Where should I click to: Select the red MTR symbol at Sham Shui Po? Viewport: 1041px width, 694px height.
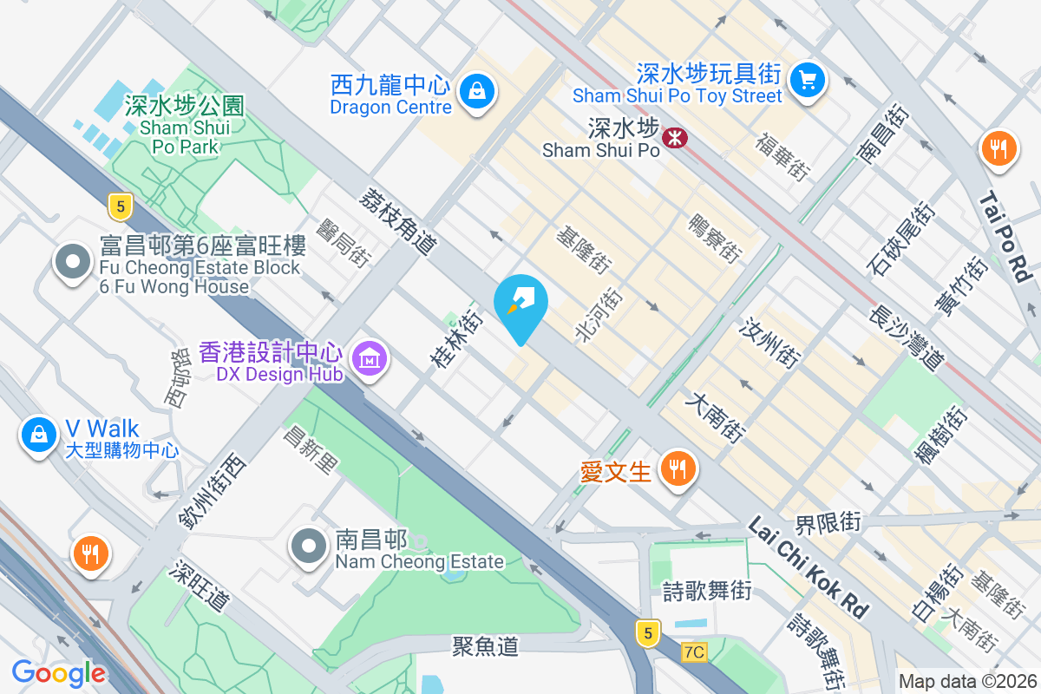pos(672,137)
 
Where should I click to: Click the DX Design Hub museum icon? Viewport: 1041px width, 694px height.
pos(369,357)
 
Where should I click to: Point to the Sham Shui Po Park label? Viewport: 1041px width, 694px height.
pos(184,127)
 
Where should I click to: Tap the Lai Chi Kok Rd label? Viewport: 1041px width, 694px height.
pos(808,568)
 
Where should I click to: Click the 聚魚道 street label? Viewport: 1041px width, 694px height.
pos(485,645)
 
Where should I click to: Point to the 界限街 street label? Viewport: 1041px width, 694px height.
pos(828,522)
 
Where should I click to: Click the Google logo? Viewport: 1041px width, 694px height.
pos(59,672)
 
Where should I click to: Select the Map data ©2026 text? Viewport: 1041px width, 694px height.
pos(966,682)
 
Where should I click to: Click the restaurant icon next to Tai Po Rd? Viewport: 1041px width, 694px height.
pos(999,148)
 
